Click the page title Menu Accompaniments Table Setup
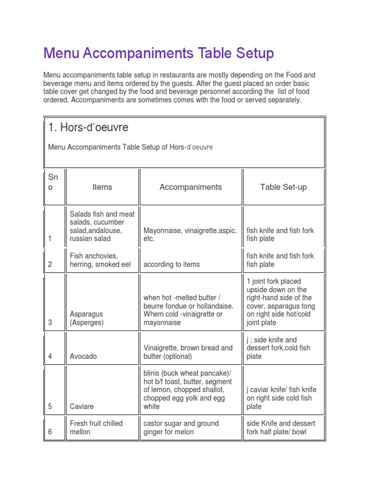pos(159,53)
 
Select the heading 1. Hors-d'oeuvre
pos(88,128)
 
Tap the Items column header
pos(102,187)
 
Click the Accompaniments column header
pos(191,187)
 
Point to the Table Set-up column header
pos(283,187)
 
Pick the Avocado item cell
pos(83,356)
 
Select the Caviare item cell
pos(82,406)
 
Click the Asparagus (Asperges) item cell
pos(86,319)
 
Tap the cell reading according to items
pos(172,264)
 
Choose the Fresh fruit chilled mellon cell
pos(96,428)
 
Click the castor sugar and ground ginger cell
pos(181,428)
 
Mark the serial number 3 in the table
pos(50,323)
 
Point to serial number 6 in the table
pos(50,432)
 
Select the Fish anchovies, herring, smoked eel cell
pos(100,260)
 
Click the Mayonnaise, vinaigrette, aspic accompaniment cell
pos(190,234)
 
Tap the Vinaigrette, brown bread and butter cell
pos(188,352)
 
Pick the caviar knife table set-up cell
pos(281,398)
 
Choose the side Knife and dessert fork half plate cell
pos(281,428)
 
